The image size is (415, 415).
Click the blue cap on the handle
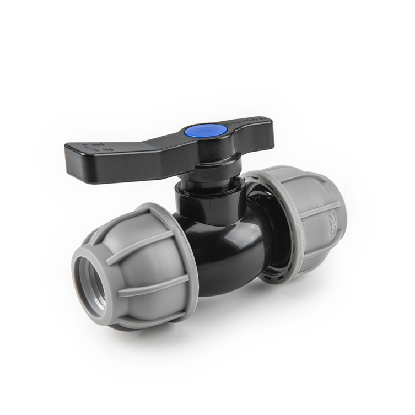pyautogui.click(x=212, y=131)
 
